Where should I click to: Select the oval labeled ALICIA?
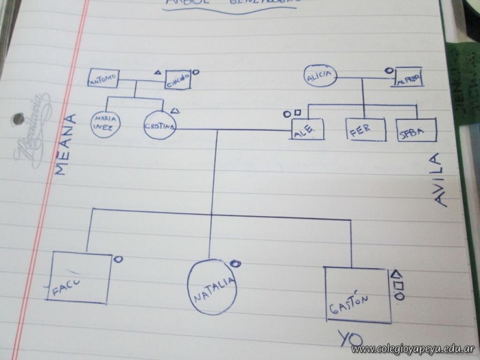tap(320, 77)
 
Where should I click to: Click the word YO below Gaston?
tap(350, 337)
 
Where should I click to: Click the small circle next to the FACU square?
tap(118, 259)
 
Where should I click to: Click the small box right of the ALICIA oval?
tap(407, 80)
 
